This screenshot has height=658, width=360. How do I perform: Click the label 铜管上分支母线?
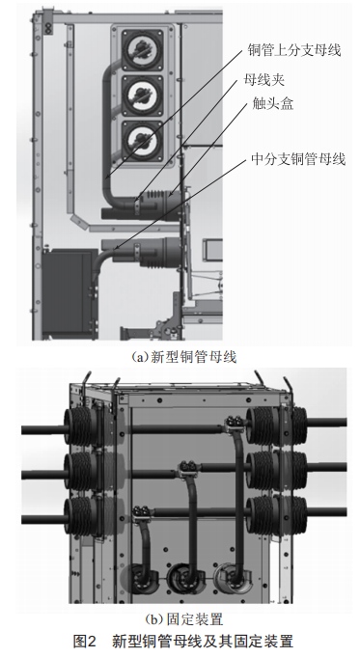pos(293,50)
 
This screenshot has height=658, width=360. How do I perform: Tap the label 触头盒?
pos(272,103)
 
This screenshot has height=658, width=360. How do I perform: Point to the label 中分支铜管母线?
pos(298,159)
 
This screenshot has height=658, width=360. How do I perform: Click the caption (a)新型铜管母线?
pos(183,357)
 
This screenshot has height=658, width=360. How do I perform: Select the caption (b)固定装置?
pos(183,619)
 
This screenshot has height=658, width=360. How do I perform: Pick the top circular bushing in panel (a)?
pos(142,50)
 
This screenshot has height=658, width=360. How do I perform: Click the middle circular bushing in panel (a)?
pos(142,96)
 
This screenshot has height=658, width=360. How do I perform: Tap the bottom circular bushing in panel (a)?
pos(142,142)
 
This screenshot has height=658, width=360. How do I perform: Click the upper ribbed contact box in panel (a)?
pos(160,206)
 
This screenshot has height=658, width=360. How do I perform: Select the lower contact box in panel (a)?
pos(160,252)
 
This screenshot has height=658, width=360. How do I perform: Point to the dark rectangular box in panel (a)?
pos(68,292)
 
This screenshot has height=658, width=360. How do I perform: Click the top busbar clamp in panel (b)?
pos(235,422)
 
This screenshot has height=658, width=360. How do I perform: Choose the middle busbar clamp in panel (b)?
pos(188,467)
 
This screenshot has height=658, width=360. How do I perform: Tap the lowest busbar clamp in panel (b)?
pos(142,513)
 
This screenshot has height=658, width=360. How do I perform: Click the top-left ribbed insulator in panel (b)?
pos(81,427)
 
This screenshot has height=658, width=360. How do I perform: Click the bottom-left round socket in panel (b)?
pos(142,579)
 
